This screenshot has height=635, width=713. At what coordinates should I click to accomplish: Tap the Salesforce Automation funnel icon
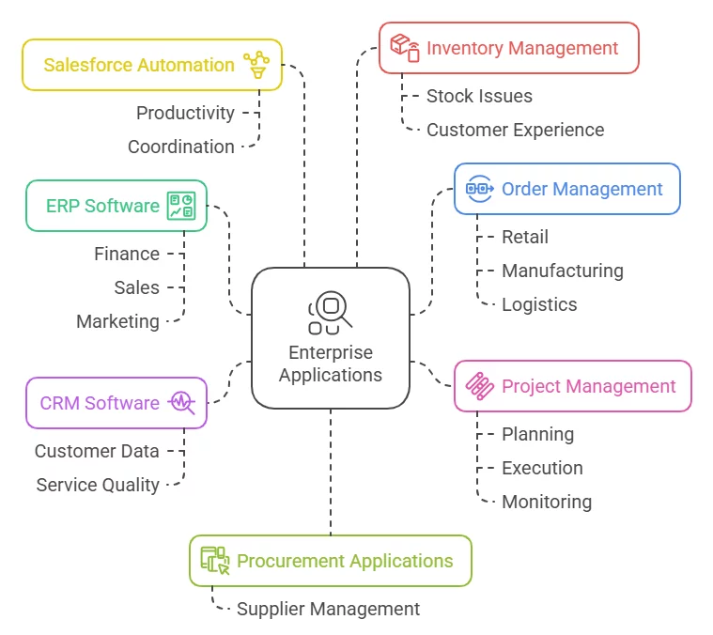[256, 65]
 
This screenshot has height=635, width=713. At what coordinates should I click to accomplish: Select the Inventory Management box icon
[405, 48]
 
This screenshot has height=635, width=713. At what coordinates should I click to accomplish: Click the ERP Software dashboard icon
[180, 206]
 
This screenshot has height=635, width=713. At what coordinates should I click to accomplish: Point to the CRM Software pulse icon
[181, 403]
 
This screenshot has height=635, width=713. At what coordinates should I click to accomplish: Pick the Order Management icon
[480, 189]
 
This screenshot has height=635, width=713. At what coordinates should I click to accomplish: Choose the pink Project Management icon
[480, 386]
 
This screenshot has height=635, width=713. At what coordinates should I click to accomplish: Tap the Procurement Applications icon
[215, 561]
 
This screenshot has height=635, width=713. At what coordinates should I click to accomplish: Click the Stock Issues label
[479, 96]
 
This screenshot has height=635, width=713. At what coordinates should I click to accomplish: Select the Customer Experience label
[515, 130]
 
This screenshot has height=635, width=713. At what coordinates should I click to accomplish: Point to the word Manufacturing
[562, 271]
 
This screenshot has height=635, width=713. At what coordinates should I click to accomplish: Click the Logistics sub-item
[539, 304]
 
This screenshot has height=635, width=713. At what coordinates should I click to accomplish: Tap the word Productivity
[185, 113]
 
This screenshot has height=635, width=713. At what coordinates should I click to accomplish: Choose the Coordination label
[181, 147]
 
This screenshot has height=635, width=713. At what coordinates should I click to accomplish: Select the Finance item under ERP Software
[127, 254]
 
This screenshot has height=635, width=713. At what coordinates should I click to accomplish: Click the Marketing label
[118, 321]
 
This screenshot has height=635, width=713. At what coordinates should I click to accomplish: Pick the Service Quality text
[98, 485]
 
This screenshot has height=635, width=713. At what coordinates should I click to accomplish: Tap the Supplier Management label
[328, 609]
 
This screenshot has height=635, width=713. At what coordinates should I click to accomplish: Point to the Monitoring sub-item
[547, 502]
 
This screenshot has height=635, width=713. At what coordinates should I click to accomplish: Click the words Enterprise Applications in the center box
[331, 364]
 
